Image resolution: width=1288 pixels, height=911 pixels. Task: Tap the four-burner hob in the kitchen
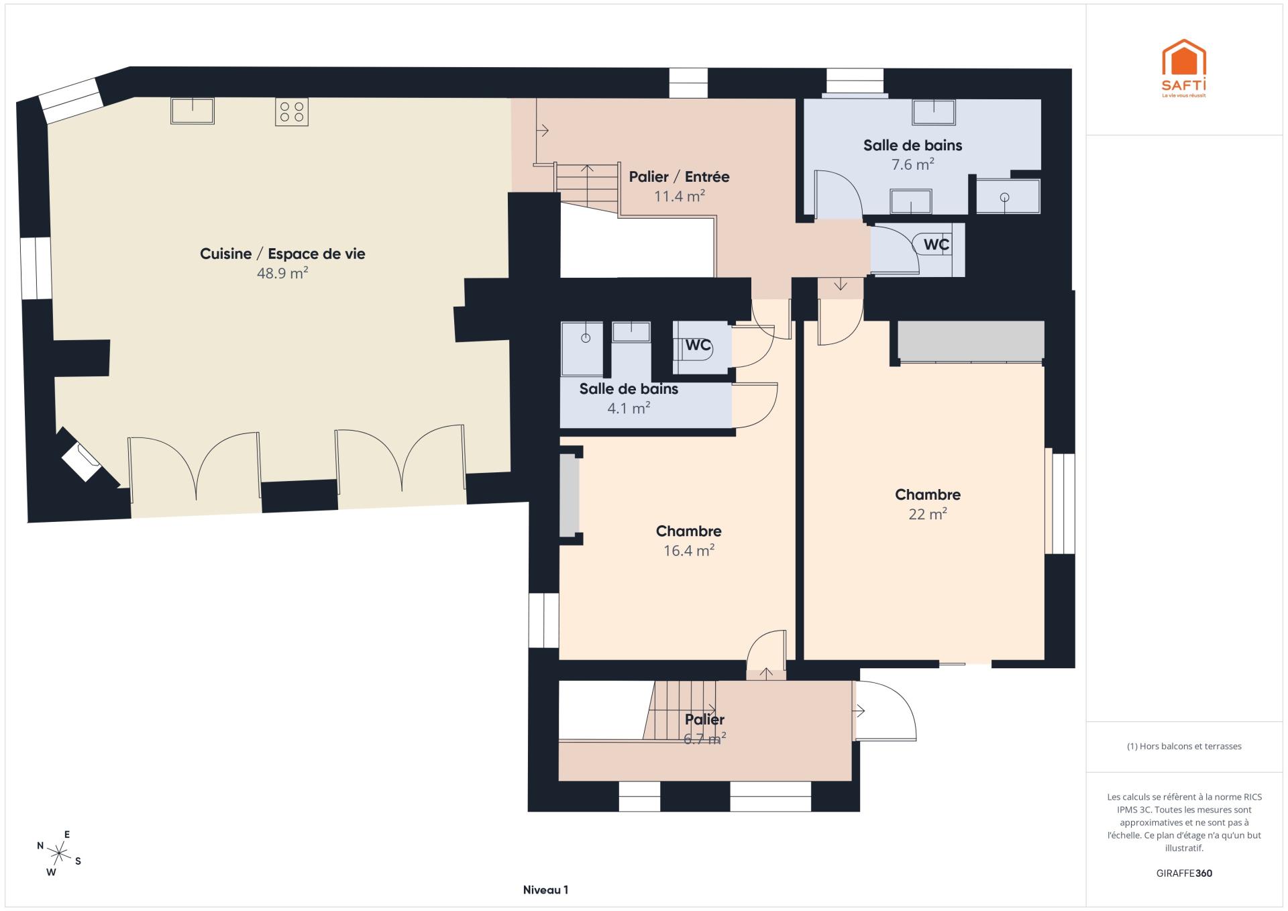click(x=292, y=112)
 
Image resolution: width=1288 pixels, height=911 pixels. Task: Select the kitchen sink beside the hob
click(x=193, y=111)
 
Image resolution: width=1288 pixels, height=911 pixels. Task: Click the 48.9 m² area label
click(x=282, y=273)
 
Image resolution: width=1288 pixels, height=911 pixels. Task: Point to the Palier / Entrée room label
click(x=679, y=177)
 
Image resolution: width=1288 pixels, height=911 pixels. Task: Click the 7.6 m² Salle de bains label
click(x=912, y=145)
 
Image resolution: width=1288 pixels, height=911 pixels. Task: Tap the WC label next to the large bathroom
click(x=936, y=244)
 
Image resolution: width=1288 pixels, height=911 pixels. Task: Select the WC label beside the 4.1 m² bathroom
click(x=698, y=345)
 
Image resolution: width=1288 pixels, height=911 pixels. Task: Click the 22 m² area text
click(x=928, y=514)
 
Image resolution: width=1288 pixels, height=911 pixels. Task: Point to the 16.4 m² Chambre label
click(x=689, y=531)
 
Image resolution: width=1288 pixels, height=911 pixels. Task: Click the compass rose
click(x=59, y=854)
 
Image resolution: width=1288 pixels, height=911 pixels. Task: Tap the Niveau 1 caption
click(x=545, y=890)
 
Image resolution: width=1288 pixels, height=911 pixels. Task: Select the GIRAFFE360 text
click(x=1184, y=873)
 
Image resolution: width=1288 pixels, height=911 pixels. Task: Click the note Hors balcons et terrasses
click(x=1184, y=746)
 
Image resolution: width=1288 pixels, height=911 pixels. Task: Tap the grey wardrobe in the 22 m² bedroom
click(x=971, y=340)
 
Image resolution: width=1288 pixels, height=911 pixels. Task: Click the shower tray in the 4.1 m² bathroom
click(x=582, y=348)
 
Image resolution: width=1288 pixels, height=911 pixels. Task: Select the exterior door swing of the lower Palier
click(x=885, y=711)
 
